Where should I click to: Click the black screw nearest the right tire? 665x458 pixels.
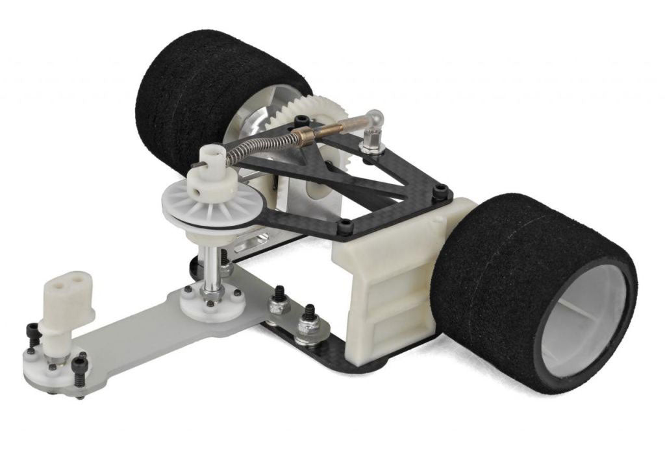(x=443, y=191)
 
